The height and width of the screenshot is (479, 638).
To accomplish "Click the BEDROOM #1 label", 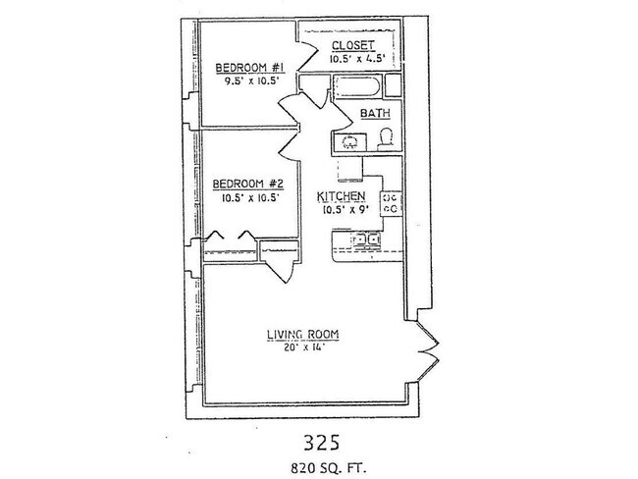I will (249, 68).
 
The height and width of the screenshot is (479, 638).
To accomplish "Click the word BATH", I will (374, 114).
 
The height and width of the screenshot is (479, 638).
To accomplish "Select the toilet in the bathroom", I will (386, 138).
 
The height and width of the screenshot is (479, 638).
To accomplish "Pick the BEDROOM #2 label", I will (249, 184).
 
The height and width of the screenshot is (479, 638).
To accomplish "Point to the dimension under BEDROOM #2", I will (250, 197).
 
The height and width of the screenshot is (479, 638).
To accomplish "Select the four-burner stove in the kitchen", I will (389, 202).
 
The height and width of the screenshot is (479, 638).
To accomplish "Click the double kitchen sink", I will (367, 239).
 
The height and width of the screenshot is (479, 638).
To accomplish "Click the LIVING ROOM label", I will (302, 335).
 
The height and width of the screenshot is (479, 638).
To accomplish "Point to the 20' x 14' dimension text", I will (302, 348).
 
